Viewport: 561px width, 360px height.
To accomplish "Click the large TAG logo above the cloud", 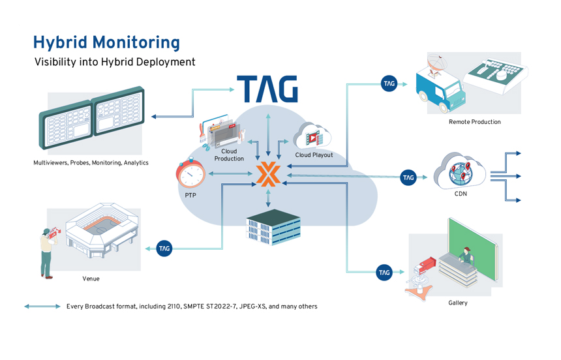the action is point(267,89).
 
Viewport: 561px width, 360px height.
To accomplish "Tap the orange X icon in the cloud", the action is point(268,174).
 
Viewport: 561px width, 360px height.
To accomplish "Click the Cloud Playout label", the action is point(314,155).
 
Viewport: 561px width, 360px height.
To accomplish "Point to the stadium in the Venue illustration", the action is point(102,230).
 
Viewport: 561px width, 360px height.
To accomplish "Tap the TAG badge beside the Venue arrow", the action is point(164,248).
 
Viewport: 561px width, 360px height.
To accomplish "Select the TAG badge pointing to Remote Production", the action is point(389,83).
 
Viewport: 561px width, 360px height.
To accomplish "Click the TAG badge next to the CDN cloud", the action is point(408,177).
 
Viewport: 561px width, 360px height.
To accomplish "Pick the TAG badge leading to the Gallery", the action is point(384,273).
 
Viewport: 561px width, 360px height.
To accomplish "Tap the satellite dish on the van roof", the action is point(437,64).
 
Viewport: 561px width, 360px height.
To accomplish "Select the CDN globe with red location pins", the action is point(460,173).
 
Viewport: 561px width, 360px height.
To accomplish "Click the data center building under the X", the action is point(273,227).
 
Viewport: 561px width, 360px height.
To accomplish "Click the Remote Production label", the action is point(475,122).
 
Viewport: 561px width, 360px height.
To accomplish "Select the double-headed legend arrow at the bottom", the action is point(42,307).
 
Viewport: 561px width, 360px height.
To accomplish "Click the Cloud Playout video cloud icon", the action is point(312,136).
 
